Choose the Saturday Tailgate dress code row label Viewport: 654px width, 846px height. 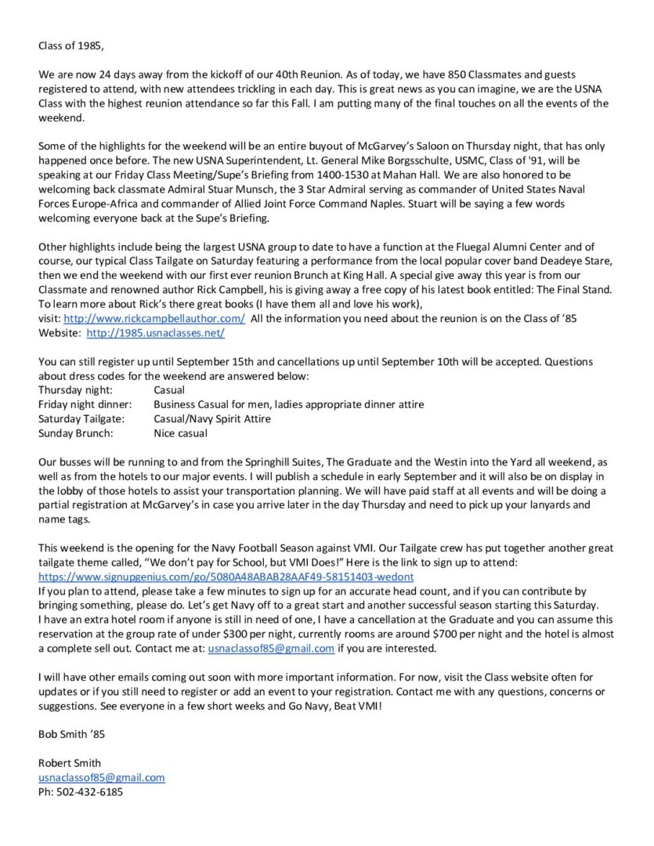pos(78,419)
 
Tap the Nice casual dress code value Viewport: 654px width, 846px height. pos(181,433)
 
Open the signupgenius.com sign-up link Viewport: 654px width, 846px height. pos(226,577)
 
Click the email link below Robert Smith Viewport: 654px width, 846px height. pos(102,777)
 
